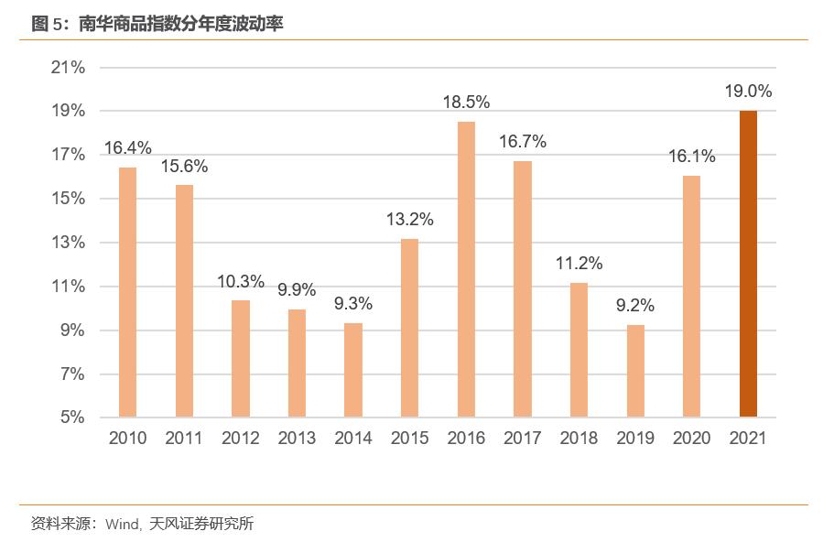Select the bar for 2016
(466, 269)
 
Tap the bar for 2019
(635, 371)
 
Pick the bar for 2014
(353, 370)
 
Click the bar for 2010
(127, 292)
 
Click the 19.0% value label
(748, 92)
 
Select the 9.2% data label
(635, 306)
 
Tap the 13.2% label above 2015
(409, 220)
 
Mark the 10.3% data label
(241, 281)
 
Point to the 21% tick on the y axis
(67, 68)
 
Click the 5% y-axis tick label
(71, 417)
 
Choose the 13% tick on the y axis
(67, 243)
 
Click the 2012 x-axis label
(241, 439)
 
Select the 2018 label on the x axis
(579, 439)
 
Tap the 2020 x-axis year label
(691, 439)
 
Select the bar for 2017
(522, 289)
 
